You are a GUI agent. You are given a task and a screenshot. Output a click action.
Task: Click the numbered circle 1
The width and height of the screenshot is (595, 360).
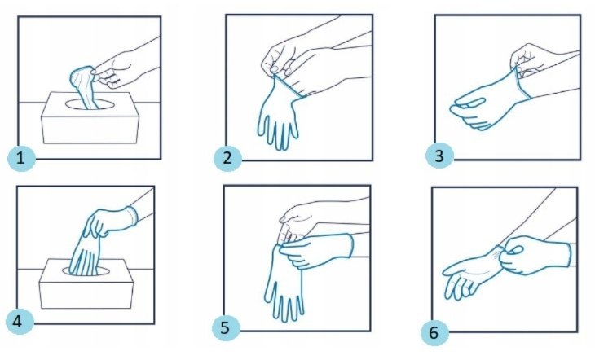[22, 157]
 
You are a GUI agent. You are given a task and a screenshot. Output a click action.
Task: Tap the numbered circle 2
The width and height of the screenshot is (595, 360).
[227, 157]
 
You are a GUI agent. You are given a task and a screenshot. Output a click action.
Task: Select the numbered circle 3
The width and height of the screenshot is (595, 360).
[439, 156]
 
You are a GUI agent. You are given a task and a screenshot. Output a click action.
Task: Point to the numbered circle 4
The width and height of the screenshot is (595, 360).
[19, 322]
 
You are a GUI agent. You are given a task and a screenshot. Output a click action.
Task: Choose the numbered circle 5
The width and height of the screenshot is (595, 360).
[226, 327]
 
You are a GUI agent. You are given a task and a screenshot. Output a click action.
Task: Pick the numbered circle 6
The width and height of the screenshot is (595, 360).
[434, 332]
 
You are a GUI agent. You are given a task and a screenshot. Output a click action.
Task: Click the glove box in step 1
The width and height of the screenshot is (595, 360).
[90, 117]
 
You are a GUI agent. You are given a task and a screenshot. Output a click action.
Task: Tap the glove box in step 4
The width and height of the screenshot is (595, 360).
[86, 283]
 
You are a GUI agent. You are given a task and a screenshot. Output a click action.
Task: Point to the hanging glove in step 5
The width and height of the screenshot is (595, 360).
[284, 283]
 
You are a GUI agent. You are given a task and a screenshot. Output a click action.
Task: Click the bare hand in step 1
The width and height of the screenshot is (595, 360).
[126, 67]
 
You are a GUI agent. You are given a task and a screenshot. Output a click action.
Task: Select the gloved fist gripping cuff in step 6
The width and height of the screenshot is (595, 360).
[533, 255]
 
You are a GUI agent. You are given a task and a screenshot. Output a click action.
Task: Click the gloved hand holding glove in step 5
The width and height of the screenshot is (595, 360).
[317, 250]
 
